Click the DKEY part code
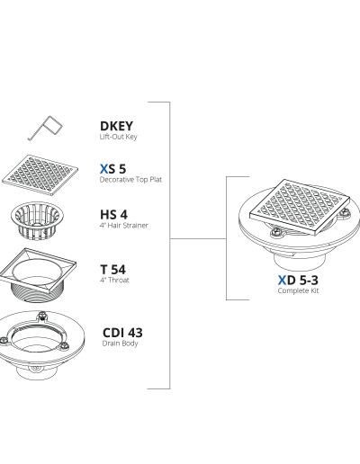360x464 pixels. point(116,126)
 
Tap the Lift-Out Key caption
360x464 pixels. point(119,137)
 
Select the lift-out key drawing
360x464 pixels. point(45,128)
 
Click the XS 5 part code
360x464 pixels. point(112,169)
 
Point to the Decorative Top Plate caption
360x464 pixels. point(130,180)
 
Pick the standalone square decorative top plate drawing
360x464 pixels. point(40,175)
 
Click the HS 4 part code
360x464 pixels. point(113,215)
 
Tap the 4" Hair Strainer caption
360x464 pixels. point(124,226)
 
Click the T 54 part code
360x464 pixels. point(112,270)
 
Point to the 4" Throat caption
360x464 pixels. point(114,281)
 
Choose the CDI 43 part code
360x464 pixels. point(122,333)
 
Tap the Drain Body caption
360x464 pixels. point(120,344)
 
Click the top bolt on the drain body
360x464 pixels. point(41,316)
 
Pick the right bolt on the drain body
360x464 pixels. point(64,345)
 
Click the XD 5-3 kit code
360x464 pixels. point(298,281)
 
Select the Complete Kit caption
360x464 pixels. point(298,290)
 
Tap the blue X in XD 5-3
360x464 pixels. point(282,281)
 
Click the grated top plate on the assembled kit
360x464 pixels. point(300,208)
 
